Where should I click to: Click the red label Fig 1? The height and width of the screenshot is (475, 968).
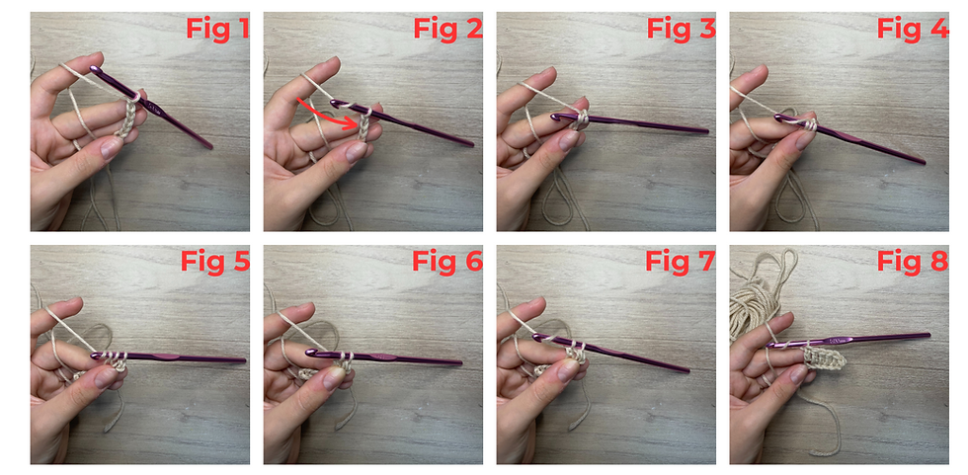click(218, 29)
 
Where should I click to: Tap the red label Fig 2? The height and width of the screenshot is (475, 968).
click(447, 29)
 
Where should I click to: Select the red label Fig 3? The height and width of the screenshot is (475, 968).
click(681, 29)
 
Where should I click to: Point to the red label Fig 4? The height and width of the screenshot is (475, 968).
click(913, 29)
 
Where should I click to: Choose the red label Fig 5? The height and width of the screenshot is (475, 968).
click(215, 261)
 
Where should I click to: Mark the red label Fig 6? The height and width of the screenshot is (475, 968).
click(447, 261)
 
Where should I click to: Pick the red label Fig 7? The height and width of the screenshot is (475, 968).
click(681, 261)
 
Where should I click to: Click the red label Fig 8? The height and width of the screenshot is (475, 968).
click(913, 261)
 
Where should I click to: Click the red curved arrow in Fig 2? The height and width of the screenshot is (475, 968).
click(329, 115)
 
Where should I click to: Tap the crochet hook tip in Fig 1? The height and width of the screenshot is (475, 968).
click(94, 69)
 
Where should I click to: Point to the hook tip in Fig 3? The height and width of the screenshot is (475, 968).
click(555, 116)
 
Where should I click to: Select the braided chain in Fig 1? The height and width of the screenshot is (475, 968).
click(128, 118)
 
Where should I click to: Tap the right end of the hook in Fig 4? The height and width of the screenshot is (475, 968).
click(924, 162)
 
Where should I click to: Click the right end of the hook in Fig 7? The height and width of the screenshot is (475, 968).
click(687, 370)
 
